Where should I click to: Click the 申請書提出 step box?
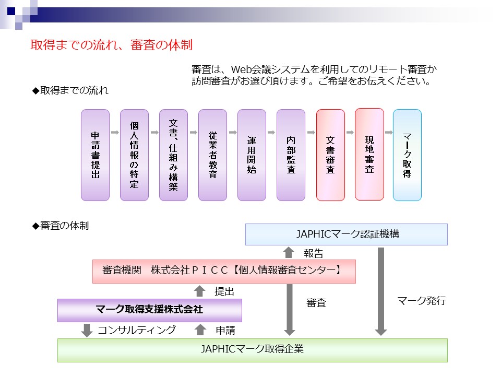point(95,155)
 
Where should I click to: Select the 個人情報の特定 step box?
point(134,155)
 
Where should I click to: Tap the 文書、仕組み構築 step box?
point(173,155)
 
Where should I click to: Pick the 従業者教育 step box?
point(212,155)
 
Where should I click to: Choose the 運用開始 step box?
point(252,155)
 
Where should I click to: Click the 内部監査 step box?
point(291,155)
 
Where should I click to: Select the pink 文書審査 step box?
point(330,155)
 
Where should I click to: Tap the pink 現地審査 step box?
point(369,155)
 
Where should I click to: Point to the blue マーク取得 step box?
point(407,155)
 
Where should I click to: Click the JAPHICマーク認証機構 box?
point(347,234)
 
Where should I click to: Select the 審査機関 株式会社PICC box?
point(224,272)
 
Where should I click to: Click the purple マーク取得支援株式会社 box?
point(150,310)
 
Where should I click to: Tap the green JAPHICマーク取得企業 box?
point(253,350)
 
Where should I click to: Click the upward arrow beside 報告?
point(289,253)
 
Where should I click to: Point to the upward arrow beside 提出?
point(200,291)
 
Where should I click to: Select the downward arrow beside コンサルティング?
point(87,330)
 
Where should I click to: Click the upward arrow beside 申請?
point(200,330)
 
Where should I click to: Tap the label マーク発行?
point(422,301)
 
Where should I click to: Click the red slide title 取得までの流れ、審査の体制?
point(112,45)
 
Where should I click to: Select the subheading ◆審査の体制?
point(61,226)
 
